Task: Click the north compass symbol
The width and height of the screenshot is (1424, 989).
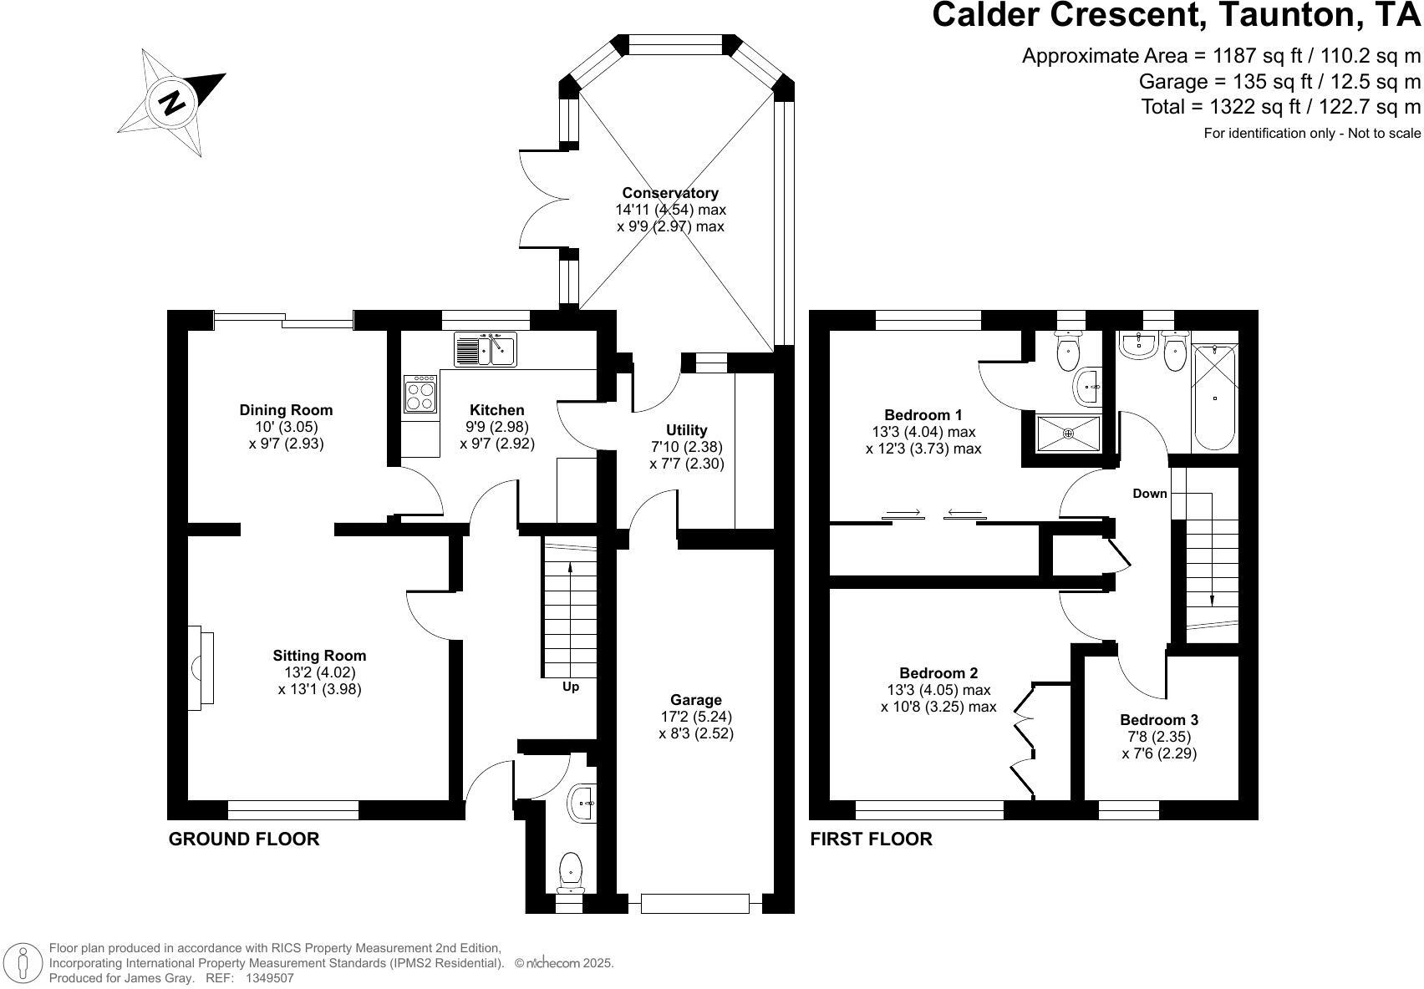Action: coord(172,103)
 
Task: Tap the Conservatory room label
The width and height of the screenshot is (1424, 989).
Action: coord(670,193)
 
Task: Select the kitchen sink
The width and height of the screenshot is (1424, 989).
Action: coord(485,350)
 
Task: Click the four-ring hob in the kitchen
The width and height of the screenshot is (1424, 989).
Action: coord(420,394)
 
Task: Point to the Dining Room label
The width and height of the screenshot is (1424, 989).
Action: coord(286,410)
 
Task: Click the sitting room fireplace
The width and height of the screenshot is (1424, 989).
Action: coord(201,668)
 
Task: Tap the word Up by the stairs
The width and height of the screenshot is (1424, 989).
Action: coord(570,687)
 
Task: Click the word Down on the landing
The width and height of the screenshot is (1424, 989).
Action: coord(1149,493)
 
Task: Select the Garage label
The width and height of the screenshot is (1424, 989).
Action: coord(696,700)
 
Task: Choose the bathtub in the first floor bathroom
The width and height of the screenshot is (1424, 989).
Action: coord(1214,398)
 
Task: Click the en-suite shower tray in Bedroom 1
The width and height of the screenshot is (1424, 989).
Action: coord(1068,434)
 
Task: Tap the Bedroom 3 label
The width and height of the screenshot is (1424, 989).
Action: coord(1159,719)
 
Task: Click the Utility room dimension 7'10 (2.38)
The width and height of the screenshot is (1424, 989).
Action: coord(687,447)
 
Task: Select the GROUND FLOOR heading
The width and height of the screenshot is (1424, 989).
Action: coord(244,839)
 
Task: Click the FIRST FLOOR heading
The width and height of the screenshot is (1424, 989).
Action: coord(871,839)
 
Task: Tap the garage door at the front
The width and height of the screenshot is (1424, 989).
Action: coord(694,903)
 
